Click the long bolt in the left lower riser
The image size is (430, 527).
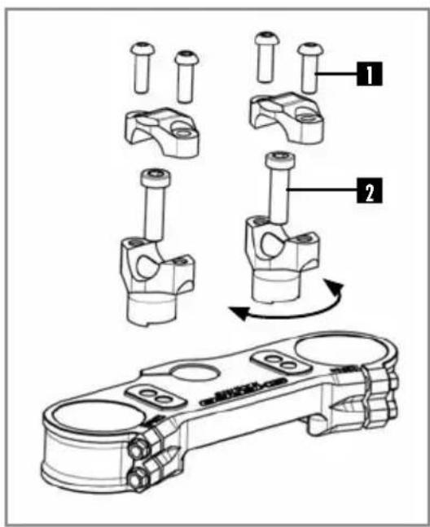(153, 203)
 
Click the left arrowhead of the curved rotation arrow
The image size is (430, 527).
(234, 310)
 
